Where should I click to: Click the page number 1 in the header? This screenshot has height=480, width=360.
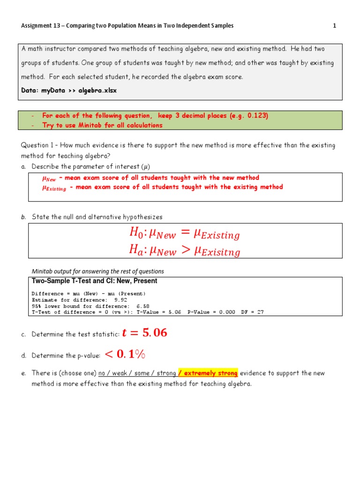pyautogui.click(x=334, y=26)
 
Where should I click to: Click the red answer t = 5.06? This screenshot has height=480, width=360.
pyautogui.click(x=144, y=333)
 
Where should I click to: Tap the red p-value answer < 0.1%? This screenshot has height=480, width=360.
pyautogui.click(x=125, y=355)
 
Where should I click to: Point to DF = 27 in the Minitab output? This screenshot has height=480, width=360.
pyautogui.click(x=252, y=312)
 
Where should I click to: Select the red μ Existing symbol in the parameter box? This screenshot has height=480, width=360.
pyautogui.click(x=54, y=187)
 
